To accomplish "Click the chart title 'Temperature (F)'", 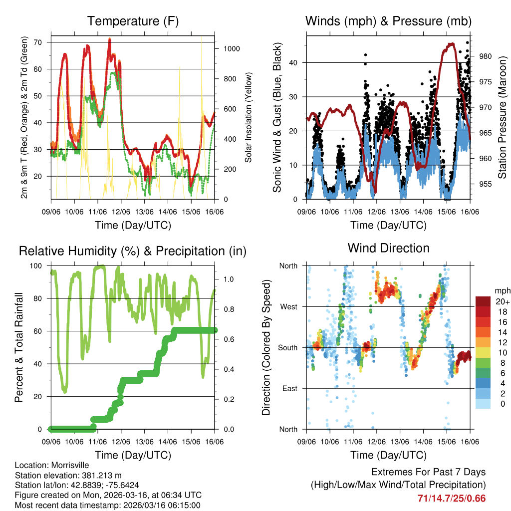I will click(133, 21).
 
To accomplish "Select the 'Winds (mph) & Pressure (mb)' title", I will click(388, 21).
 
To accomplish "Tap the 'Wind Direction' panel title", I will click(388, 248).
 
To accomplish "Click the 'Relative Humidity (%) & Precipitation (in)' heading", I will click(133, 251).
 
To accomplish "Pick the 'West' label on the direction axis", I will click(288, 307).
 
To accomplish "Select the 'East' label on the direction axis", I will click(289, 389).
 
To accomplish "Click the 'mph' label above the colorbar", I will click(501, 290).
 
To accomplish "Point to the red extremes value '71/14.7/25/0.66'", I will click(452, 498).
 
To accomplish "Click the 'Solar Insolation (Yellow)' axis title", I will click(248, 117).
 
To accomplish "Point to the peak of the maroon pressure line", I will click(451, 43).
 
